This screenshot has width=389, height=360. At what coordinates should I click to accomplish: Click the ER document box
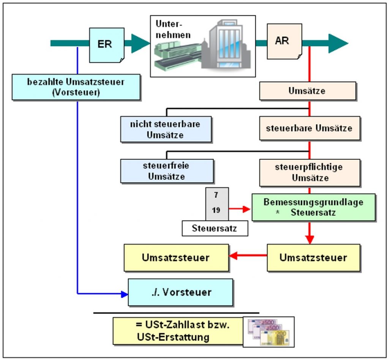(107, 45)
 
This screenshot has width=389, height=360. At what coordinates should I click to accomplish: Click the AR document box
(284, 41)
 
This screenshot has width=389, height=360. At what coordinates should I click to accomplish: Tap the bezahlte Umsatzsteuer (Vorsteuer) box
(76, 87)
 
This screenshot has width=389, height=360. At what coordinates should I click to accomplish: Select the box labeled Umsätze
(308, 91)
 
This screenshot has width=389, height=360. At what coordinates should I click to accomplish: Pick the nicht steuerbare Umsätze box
(166, 129)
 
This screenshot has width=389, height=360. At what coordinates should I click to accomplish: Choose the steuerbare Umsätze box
(310, 128)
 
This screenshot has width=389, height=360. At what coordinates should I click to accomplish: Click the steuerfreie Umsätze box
(167, 171)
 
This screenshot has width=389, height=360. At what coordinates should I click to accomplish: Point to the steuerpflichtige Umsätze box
(310, 172)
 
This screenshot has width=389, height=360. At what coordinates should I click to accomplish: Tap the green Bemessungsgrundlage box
(313, 207)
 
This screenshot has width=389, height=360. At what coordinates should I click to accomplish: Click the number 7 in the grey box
(216, 195)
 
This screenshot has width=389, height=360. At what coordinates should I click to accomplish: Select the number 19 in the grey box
(216, 210)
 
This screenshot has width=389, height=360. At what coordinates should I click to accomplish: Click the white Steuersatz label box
(215, 228)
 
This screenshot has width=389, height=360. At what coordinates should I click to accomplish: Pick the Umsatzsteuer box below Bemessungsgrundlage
(313, 257)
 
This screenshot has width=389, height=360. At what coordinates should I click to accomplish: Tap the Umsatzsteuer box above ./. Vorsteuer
(176, 257)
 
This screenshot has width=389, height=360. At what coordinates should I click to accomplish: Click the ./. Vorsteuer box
(180, 292)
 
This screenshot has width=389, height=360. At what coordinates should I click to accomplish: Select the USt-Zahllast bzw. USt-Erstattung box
(178, 331)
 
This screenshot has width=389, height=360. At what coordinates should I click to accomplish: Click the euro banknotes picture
(269, 332)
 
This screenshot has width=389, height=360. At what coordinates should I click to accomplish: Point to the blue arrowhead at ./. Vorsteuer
(124, 294)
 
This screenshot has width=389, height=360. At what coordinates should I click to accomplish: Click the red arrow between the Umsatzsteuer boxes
(248, 255)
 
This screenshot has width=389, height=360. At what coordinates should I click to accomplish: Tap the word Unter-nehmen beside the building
(173, 29)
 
